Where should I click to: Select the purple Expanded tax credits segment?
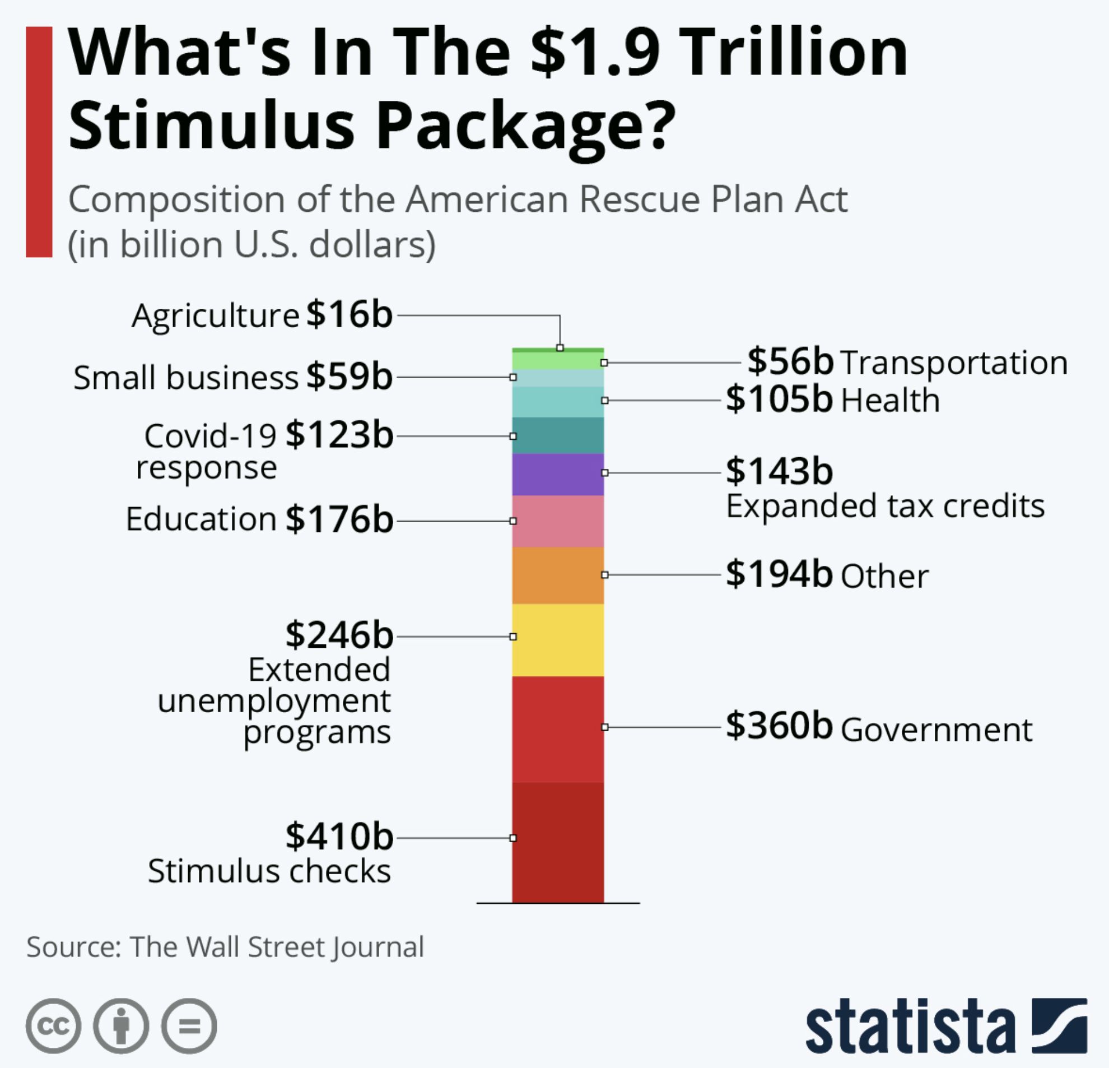point(558,474)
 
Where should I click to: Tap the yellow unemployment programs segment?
point(558,639)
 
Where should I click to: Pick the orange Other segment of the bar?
point(558,575)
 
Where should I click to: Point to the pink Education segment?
point(558,521)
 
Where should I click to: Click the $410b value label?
point(339,837)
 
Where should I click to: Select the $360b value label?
point(779,726)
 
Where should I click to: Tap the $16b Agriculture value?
point(349,315)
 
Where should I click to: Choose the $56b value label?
point(790,361)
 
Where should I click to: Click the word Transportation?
point(954,363)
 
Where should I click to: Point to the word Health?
point(890,401)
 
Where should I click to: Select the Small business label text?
point(185,378)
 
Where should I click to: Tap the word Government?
point(936,730)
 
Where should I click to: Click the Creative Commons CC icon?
point(53,1025)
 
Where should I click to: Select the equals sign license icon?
point(189,1025)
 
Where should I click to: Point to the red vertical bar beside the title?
point(39,142)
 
